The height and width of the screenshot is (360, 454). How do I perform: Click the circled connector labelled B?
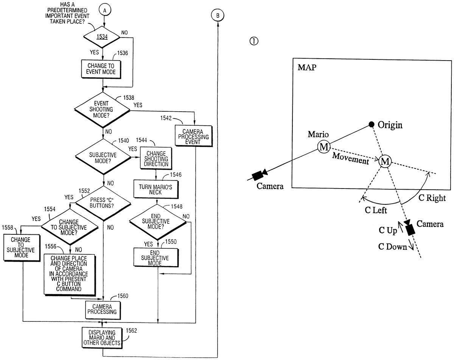click(218, 15)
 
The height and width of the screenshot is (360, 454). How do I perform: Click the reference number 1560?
click(123, 296)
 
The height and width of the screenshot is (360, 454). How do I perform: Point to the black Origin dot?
click(372, 124)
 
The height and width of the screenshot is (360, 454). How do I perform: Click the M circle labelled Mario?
click(324, 147)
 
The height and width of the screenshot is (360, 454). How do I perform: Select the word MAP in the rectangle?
click(307, 68)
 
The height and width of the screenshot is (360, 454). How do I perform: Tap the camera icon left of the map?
click(260, 174)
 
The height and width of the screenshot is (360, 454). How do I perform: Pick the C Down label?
click(392, 247)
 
